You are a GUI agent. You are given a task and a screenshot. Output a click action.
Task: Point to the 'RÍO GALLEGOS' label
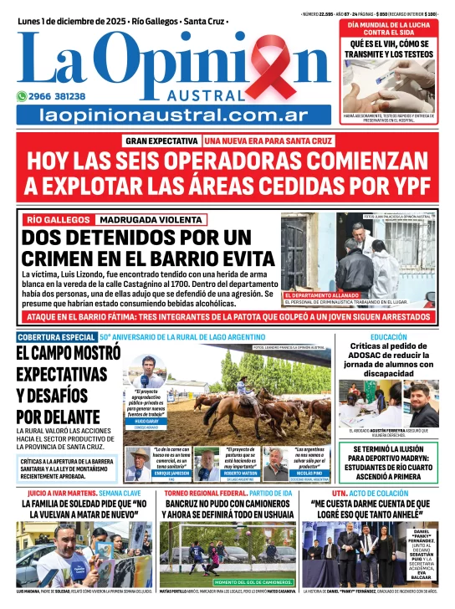point(56,220)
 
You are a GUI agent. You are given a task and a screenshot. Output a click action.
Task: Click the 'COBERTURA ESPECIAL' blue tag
point(56,337)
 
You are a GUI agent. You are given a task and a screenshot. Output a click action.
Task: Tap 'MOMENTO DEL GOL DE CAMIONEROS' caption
point(253,581)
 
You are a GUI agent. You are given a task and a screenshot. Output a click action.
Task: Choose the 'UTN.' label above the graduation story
point(320,494)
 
